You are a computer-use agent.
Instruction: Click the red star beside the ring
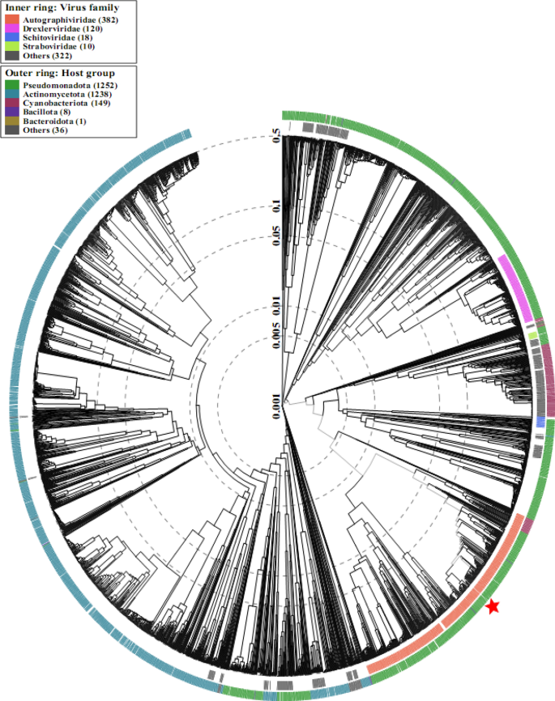point(493,606)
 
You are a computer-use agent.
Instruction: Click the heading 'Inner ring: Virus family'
point(62,7)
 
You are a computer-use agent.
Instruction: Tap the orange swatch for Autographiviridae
point(13,19)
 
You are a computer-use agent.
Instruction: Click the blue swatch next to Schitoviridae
point(13,37)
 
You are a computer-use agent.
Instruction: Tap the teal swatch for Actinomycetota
point(13,93)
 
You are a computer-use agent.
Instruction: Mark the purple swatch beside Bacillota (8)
point(13,112)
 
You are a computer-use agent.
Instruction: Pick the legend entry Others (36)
point(48,130)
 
